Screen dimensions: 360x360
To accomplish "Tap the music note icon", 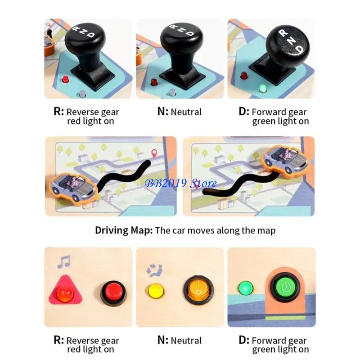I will pyautogui.click(x=63, y=262).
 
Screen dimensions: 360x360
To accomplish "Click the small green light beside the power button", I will pyautogui.click(x=246, y=287).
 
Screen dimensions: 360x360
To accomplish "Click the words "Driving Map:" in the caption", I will pyautogui.click(x=123, y=230).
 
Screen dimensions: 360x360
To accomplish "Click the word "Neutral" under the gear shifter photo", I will pyautogui.click(x=186, y=112).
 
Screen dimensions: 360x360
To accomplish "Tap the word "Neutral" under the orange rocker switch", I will pyautogui.click(x=186, y=340).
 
